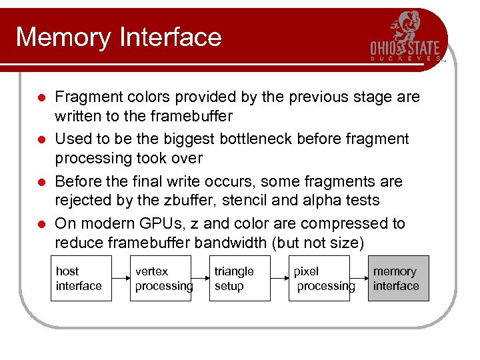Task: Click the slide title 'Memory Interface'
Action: (x=118, y=37)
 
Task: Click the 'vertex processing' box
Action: (x=160, y=279)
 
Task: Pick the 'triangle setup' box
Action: (x=239, y=279)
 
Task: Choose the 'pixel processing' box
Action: (x=319, y=279)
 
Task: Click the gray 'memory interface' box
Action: (x=398, y=279)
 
